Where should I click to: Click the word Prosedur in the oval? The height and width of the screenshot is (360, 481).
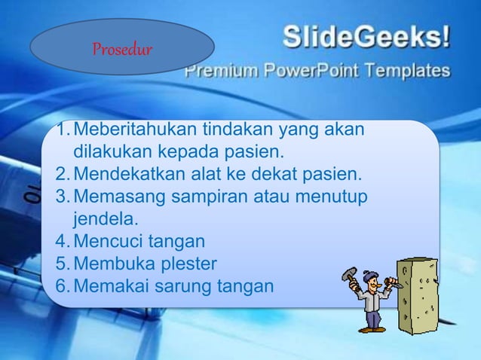121,50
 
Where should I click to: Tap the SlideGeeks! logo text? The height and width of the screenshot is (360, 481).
366,36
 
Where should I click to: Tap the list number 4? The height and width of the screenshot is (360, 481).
62,242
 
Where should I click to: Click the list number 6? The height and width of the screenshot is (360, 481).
62,286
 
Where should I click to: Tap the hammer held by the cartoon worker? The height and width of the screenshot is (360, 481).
351,276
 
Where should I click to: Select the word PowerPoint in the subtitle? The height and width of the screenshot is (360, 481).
309,72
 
